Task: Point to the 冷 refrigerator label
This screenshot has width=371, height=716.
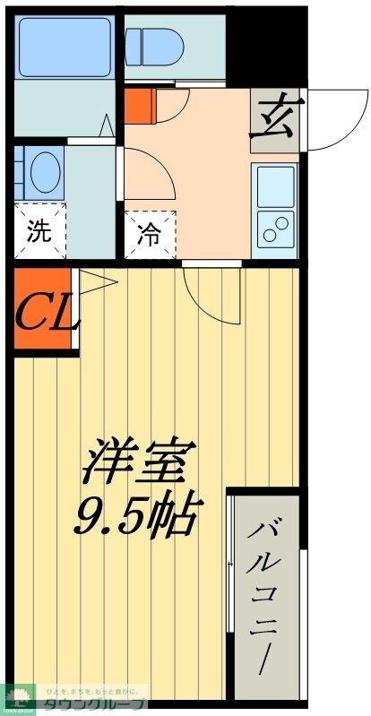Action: coord(150,235)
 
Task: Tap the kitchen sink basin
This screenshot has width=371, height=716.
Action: coord(274,185)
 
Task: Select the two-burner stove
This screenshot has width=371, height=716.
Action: coord(274,228)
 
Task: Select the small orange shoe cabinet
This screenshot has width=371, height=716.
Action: coord(140,105)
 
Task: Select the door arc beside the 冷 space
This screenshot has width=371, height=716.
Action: coord(148,175)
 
